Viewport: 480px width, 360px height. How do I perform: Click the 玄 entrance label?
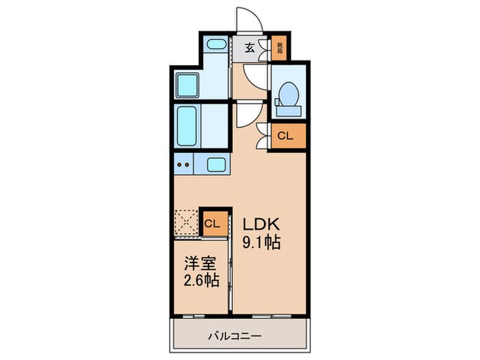pyautogui.click(x=250, y=47)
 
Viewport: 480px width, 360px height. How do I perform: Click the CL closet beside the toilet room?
pyautogui.click(x=285, y=136)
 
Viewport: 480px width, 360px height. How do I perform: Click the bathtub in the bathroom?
pyautogui.click(x=187, y=127)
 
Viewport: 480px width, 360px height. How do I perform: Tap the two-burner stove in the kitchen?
pyautogui.click(x=183, y=165)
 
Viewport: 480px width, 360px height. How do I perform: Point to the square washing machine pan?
pyautogui.click(x=187, y=84)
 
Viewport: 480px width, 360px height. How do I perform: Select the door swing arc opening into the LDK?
pyautogui.click(x=245, y=117)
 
